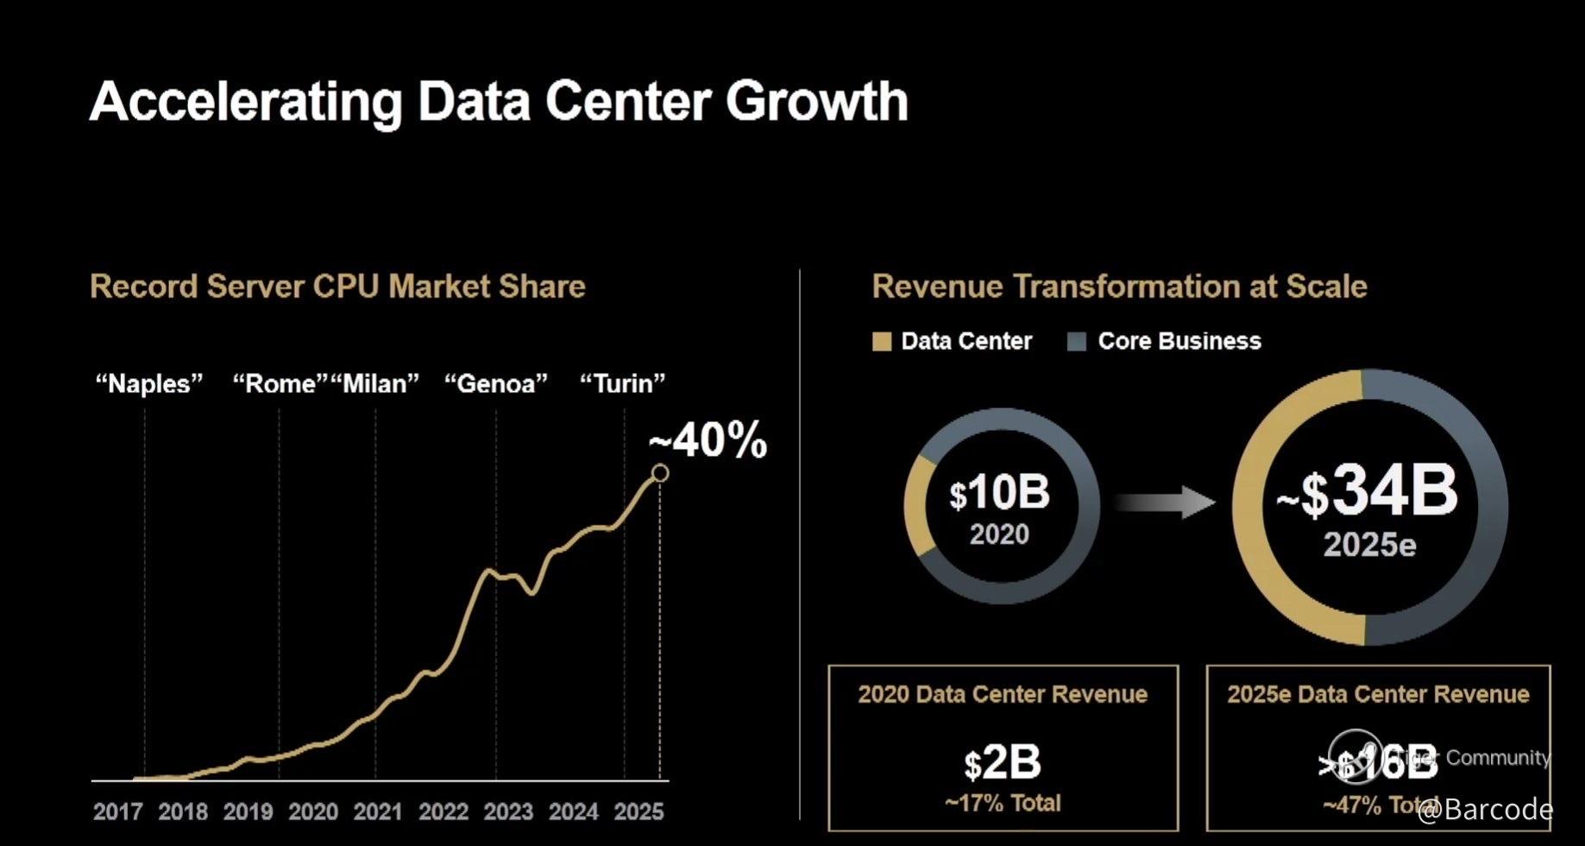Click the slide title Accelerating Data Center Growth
click(x=499, y=102)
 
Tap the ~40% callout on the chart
click(x=708, y=441)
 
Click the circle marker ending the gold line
click(x=660, y=473)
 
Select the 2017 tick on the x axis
click(x=117, y=811)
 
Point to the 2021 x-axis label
click(x=378, y=811)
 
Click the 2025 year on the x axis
click(x=638, y=811)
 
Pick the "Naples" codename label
click(x=148, y=383)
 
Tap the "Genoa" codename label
click(x=496, y=383)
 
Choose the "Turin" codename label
click(x=623, y=383)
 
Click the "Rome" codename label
click(x=280, y=383)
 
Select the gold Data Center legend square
click(x=881, y=342)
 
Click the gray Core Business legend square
click(x=1076, y=342)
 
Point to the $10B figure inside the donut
click(x=999, y=494)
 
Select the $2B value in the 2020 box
click(x=1003, y=763)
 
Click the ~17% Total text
click(x=1003, y=804)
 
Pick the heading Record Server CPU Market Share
click(x=337, y=287)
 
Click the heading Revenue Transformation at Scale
click(x=1119, y=287)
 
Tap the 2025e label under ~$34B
click(x=1369, y=546)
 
